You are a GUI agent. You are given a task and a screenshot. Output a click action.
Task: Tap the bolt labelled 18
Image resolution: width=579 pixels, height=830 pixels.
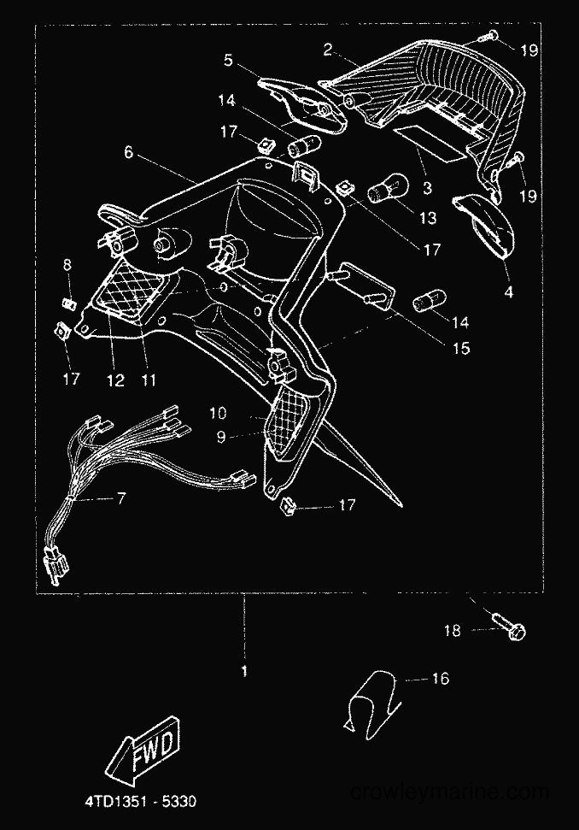pos(509,625)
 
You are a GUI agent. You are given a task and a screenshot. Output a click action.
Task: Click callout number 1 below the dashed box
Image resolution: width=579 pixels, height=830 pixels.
pos(244,672)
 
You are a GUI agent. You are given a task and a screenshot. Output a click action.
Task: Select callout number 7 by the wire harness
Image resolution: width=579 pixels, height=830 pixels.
pos(121,498)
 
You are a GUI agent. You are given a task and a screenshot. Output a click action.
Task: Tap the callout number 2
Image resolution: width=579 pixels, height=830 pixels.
pos(328,50)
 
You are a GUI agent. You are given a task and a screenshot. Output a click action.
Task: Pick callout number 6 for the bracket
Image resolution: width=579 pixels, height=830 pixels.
pos(128,152)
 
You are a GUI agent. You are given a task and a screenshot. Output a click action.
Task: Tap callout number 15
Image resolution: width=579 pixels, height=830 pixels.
pos(461,348)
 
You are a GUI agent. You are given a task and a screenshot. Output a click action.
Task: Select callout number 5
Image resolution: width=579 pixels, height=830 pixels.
pos(228,60)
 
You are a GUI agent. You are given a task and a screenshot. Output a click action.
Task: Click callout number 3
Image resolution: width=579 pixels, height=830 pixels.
pos(427,187)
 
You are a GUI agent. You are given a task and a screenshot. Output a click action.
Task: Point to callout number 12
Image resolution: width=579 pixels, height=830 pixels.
pos(115,380)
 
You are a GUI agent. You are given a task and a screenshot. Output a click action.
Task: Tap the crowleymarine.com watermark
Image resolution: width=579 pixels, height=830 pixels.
pos(450,792)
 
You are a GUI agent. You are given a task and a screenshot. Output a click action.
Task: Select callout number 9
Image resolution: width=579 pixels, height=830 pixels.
pos(221,438)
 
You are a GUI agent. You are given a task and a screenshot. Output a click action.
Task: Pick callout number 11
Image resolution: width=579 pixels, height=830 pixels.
pos(149,380)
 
